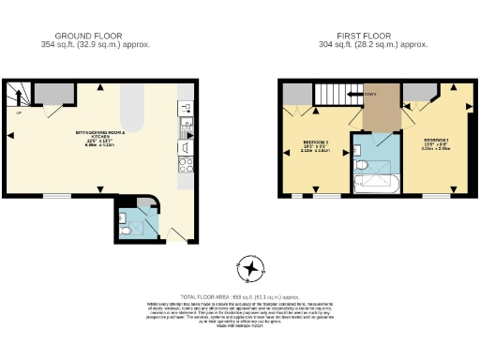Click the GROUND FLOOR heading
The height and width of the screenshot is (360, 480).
(x=96, y=35)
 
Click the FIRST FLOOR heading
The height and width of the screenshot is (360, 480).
(x=373, y=35)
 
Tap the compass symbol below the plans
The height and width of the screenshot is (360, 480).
(x=249, y=271)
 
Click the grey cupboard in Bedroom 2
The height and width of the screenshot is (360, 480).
(x=296, y=93)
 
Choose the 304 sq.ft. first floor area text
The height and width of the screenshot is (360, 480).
(x=373, y=44)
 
